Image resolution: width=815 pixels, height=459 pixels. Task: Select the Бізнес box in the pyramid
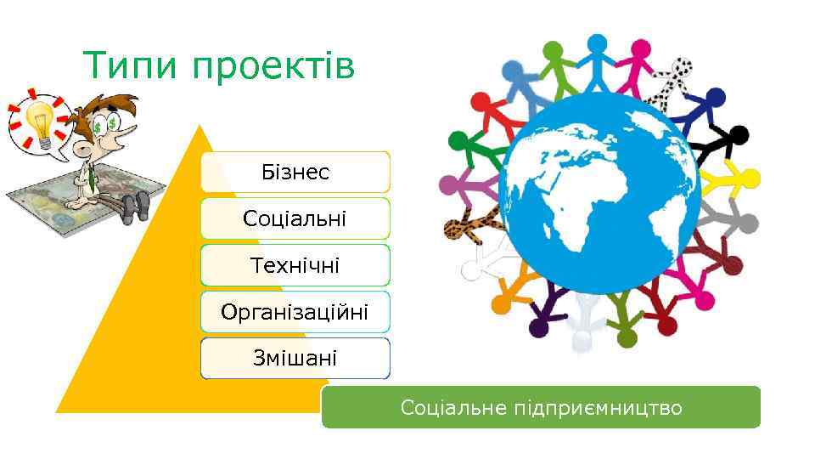[295, 173]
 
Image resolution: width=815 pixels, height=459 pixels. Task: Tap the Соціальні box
[295, 218]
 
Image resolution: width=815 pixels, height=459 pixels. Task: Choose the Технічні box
[295, 265]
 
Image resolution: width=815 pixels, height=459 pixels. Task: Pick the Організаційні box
[295, 312]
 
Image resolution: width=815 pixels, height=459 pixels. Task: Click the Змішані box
[295, 358]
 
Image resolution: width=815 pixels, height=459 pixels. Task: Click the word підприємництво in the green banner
[598, 408]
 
